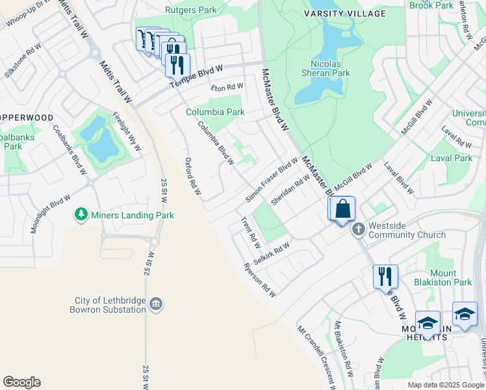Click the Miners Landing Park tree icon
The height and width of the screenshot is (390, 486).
(81, 214)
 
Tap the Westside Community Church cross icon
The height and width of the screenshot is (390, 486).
(358, 229)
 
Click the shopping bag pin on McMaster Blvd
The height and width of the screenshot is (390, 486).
(343, 209)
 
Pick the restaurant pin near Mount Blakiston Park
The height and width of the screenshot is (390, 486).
(385, 276)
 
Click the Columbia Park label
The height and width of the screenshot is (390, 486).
(215, 112)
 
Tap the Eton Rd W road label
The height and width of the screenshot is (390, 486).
(227, 86)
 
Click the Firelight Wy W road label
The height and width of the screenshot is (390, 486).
(127, 131)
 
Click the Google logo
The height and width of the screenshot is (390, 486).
(21, 382)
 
